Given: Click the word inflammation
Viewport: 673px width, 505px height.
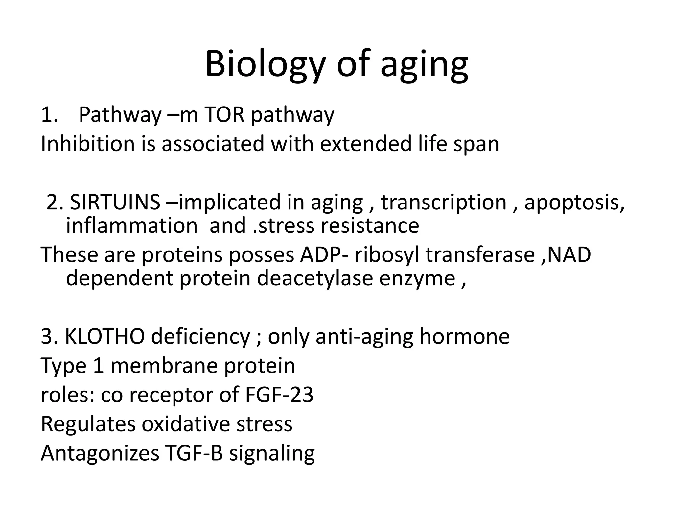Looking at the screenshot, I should tap(131, 226).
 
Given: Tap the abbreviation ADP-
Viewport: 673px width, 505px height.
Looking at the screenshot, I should tap(324, 255).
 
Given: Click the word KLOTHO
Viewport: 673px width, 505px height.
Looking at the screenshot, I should tap(105, 337).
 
